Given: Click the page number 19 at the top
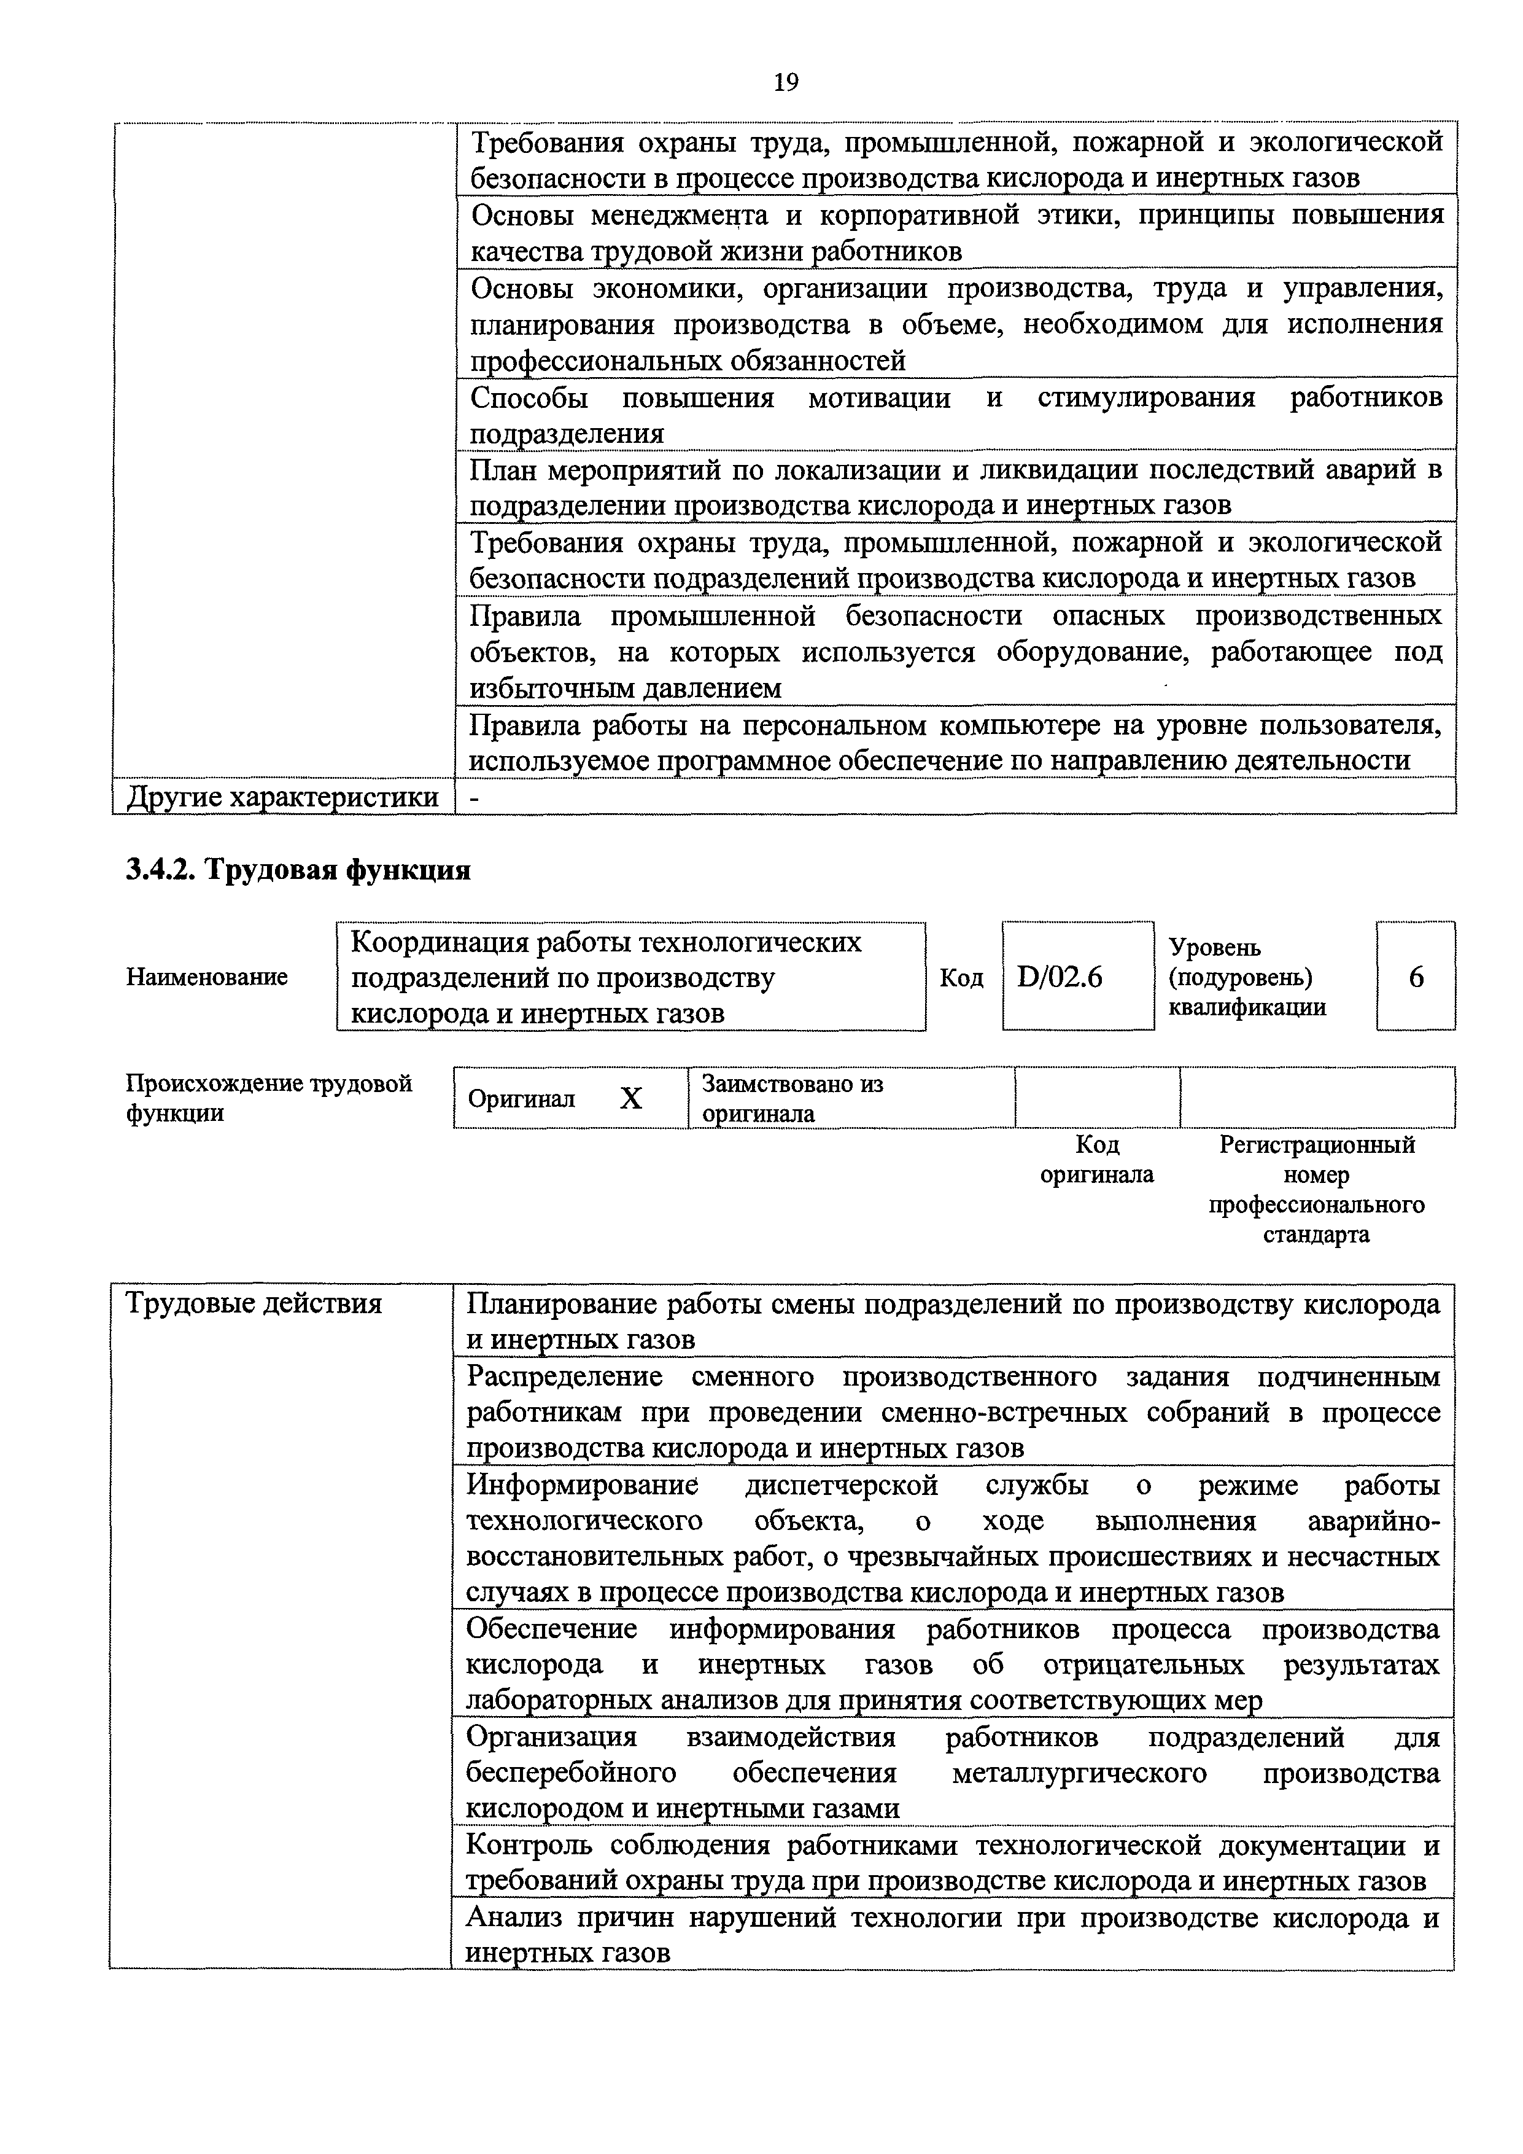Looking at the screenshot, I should point(786,84).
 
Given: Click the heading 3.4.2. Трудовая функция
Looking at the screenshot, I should point(298,870).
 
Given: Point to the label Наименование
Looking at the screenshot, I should point(206,978).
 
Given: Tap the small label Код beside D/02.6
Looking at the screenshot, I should point(961,978).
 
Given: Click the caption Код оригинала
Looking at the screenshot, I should point(1096,1160).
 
